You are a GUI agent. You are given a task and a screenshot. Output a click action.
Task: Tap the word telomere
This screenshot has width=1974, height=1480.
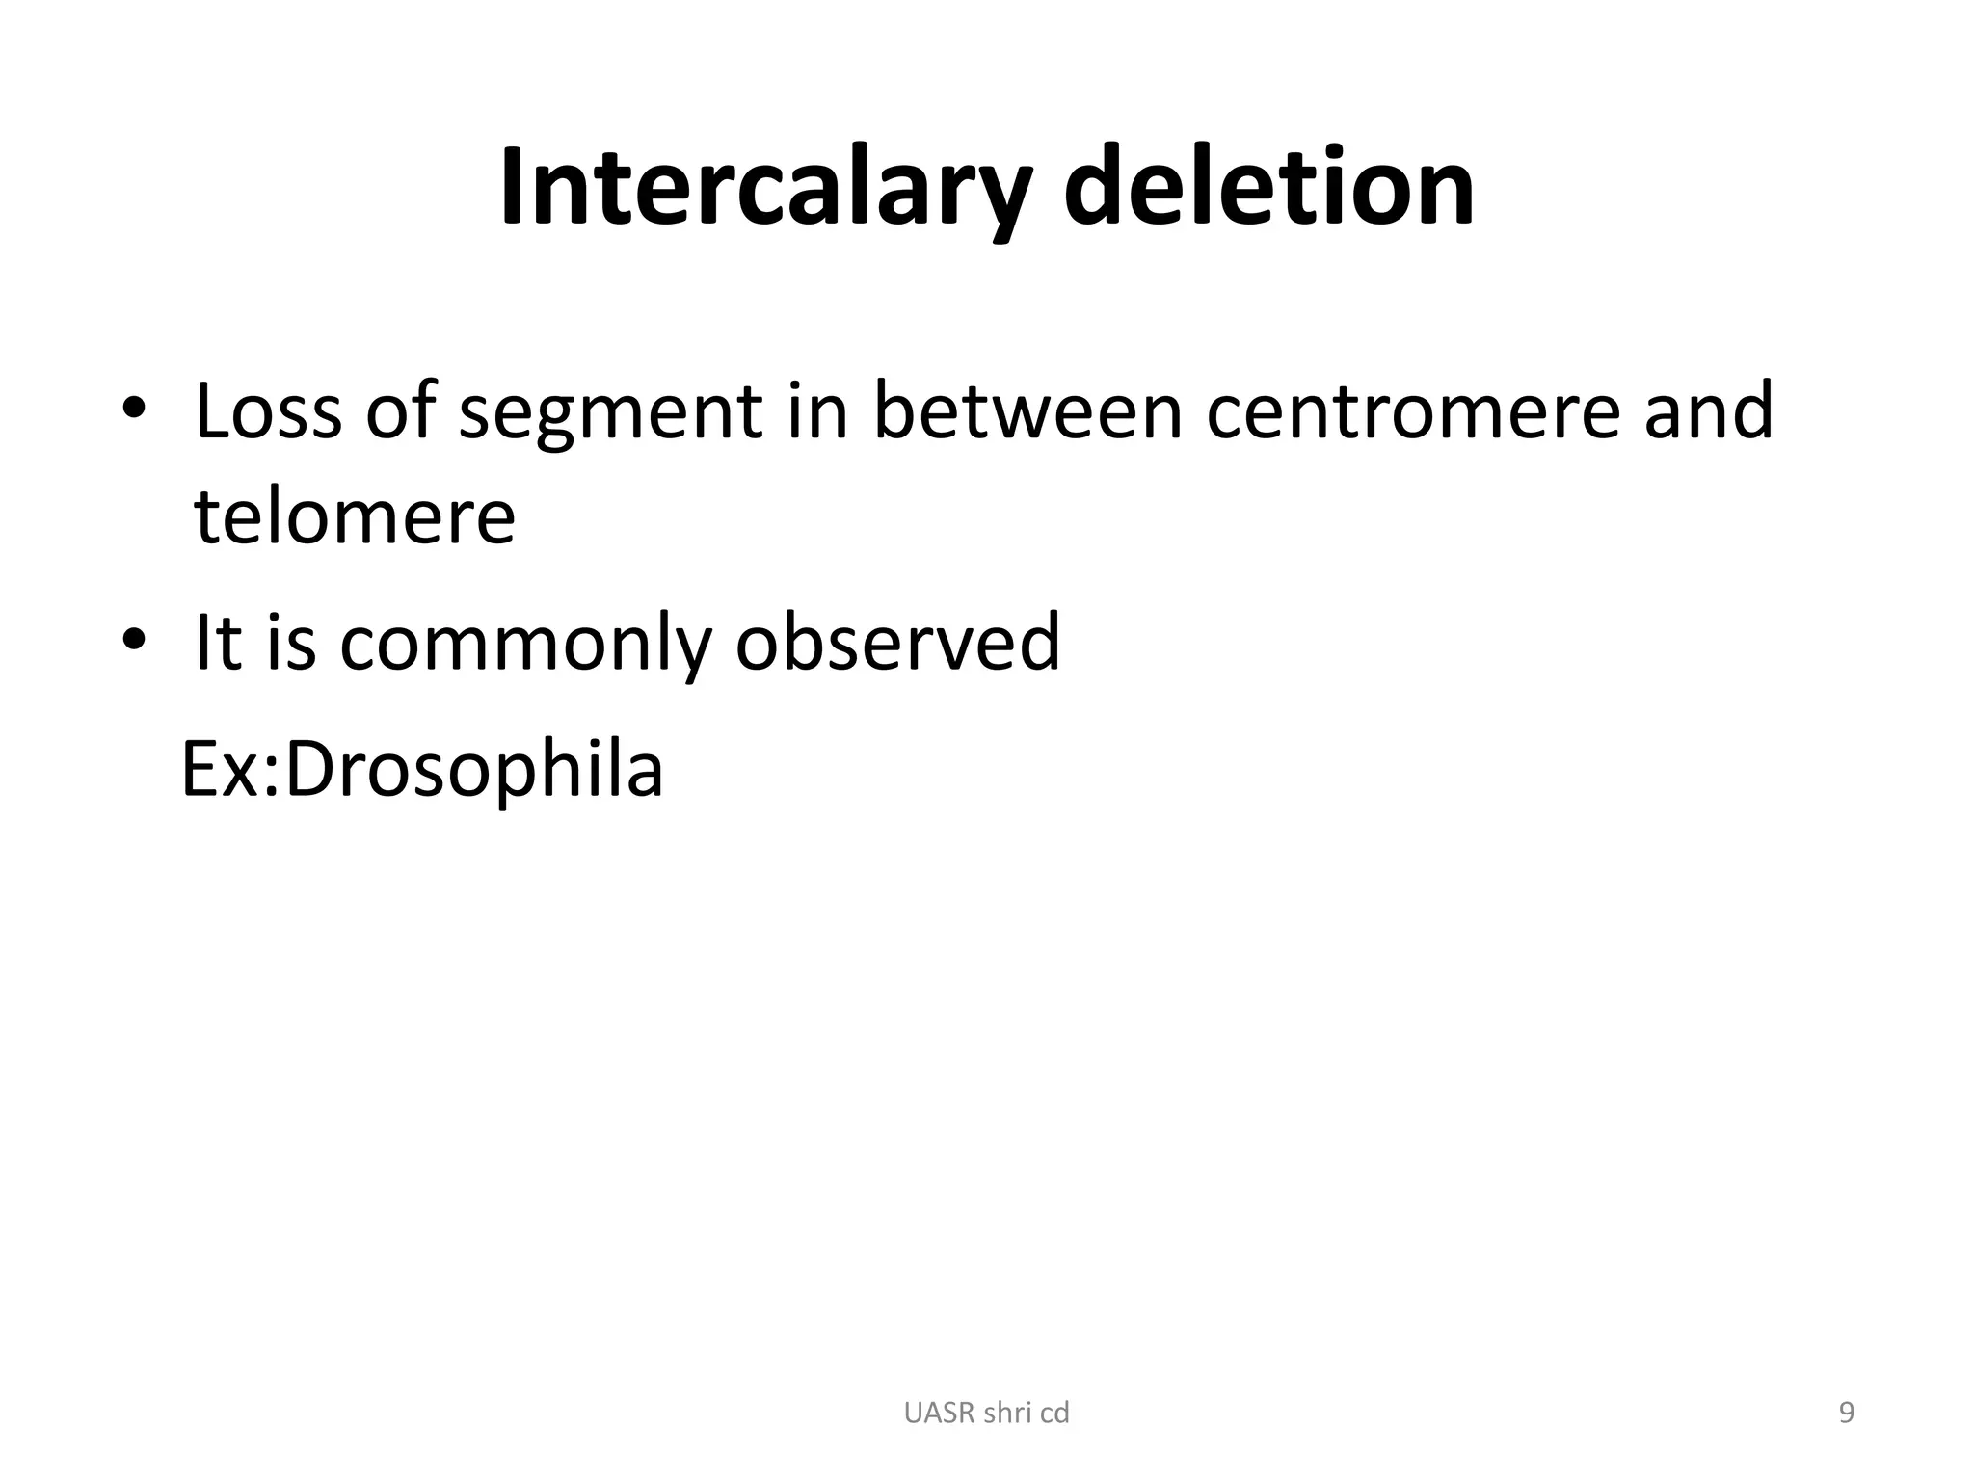(355, 516)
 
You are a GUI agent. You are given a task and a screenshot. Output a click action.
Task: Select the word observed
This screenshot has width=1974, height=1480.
(897, 642)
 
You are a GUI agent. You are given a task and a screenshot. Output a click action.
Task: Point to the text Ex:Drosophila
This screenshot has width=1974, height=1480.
(422, 771)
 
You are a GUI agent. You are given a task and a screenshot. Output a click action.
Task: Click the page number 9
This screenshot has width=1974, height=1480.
(1846, 1413)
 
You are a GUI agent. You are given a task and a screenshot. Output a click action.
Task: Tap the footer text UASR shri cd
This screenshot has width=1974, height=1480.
(987, 1413)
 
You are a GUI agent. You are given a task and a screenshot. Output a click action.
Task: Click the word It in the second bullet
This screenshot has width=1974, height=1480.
(217, 642)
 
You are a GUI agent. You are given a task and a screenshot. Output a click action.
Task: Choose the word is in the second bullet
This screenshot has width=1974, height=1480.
(291, 642)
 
